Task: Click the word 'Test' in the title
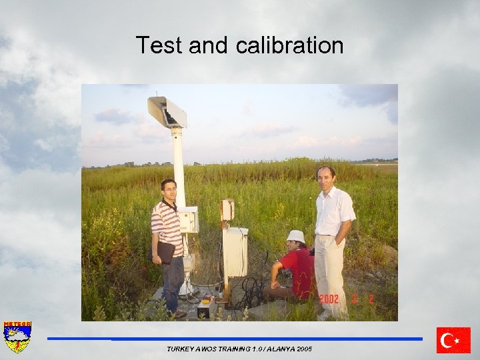point(159,45)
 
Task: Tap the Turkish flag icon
point(453,340)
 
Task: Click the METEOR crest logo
point(17,337)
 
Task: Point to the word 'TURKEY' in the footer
point(181,349)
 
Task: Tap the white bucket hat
point(295,236)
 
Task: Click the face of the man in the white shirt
point(326,177)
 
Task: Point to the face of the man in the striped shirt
point(169,190)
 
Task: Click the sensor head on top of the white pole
point(167,112)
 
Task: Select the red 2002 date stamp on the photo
point(329,299)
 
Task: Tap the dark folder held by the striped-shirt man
point(165,252)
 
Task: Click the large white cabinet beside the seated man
point(235,251)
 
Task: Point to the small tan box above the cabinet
point(228,210)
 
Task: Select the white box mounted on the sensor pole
point(188,219)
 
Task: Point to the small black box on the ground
point(203,309)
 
